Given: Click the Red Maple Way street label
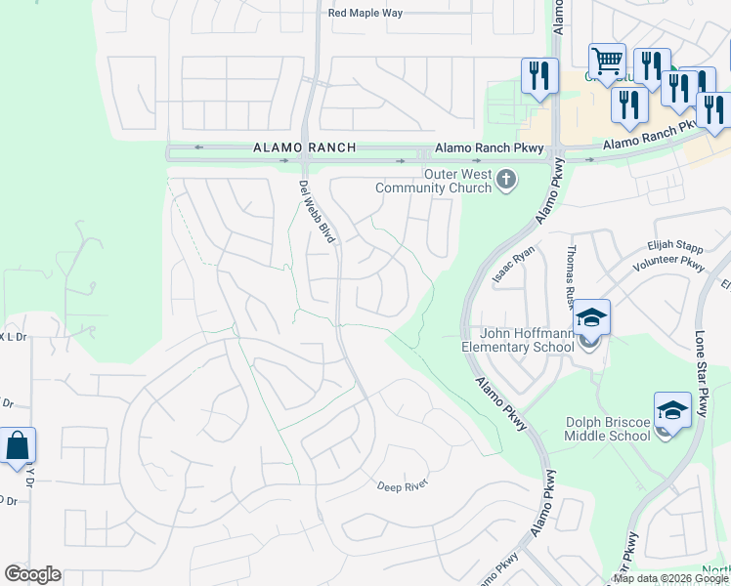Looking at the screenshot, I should pos(365,13).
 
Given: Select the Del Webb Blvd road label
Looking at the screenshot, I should pos(317,211).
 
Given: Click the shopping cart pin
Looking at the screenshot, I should pos(607,63).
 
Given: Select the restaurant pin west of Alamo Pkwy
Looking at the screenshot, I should pos(539,76).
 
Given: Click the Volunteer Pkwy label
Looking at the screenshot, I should pos(668,264).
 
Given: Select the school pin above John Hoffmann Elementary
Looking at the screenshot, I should pos(591,317).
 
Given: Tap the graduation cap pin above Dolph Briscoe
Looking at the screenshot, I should pos(672,410).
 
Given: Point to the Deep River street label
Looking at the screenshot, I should pos(403,485).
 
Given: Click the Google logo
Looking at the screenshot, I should pos(33,574).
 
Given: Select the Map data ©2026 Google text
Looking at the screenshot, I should pos(670,578).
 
